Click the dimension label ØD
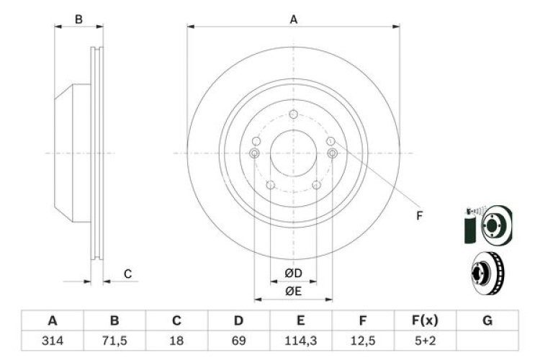(x=292, y=272)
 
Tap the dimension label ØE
(x=292, y=290)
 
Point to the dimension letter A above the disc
(x=293, y=19)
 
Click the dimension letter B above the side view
(x=79, y=19)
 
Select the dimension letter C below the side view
(x=127, y=274)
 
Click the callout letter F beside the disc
(x=419, y=215)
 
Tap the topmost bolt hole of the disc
(x=293, y=114)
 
